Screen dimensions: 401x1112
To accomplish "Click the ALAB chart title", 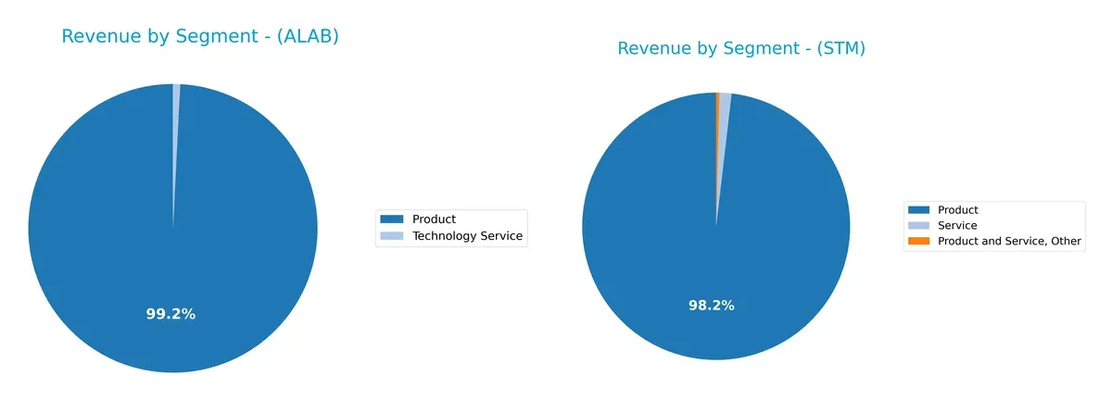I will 199,37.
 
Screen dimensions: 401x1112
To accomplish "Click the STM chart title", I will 741,49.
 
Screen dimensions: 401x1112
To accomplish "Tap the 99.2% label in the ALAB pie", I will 171,314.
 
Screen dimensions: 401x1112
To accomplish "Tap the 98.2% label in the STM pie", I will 712,305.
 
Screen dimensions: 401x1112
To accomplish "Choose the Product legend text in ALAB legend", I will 434,219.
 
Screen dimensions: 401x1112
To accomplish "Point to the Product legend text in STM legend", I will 957,210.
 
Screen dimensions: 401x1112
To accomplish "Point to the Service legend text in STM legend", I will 957,225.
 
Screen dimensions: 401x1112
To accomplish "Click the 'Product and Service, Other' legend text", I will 1009,241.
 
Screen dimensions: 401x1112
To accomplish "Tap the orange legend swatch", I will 919,241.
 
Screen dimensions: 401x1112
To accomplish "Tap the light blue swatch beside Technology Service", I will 392,236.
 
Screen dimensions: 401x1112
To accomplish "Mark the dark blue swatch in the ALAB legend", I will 392,219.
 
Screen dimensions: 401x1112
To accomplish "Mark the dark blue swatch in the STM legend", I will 919,210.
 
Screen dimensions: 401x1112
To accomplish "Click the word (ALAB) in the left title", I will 307,37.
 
